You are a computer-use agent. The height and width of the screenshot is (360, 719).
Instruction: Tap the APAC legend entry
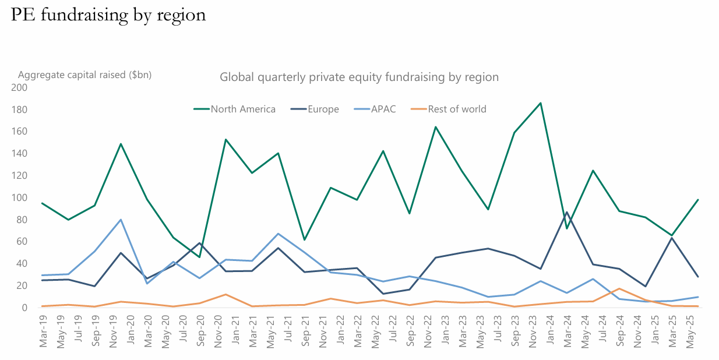pyautogui.click(x=383, y=109)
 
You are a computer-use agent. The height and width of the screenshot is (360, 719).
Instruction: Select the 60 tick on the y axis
pyautogui.click(x=22, y=242)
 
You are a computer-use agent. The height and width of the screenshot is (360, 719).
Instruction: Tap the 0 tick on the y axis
pyautogui.click(x=24, y=308)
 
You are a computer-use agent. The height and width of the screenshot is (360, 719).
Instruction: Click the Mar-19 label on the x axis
pyautogui.click(x=43, y=331)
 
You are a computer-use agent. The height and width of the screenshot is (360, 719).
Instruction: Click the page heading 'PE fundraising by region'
pyautogui.click(x=108, y=14)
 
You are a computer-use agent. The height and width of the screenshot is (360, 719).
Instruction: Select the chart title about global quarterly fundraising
pyautogui.click(x=359, y=77)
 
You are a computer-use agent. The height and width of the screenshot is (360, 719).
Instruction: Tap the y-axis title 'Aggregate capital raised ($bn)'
pyautogui.click(x=85, y=75)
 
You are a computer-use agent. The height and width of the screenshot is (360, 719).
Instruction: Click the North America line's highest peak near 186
pyautogui.click(x=541, y=103)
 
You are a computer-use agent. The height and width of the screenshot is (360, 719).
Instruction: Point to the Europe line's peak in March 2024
pyautogui.click(x=567, y=212)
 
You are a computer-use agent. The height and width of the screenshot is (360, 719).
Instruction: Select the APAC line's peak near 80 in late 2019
pyautogui.click(x=121, y=220)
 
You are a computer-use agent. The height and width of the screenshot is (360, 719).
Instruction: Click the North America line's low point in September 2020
pyautogui.click(x=199, y=257)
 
